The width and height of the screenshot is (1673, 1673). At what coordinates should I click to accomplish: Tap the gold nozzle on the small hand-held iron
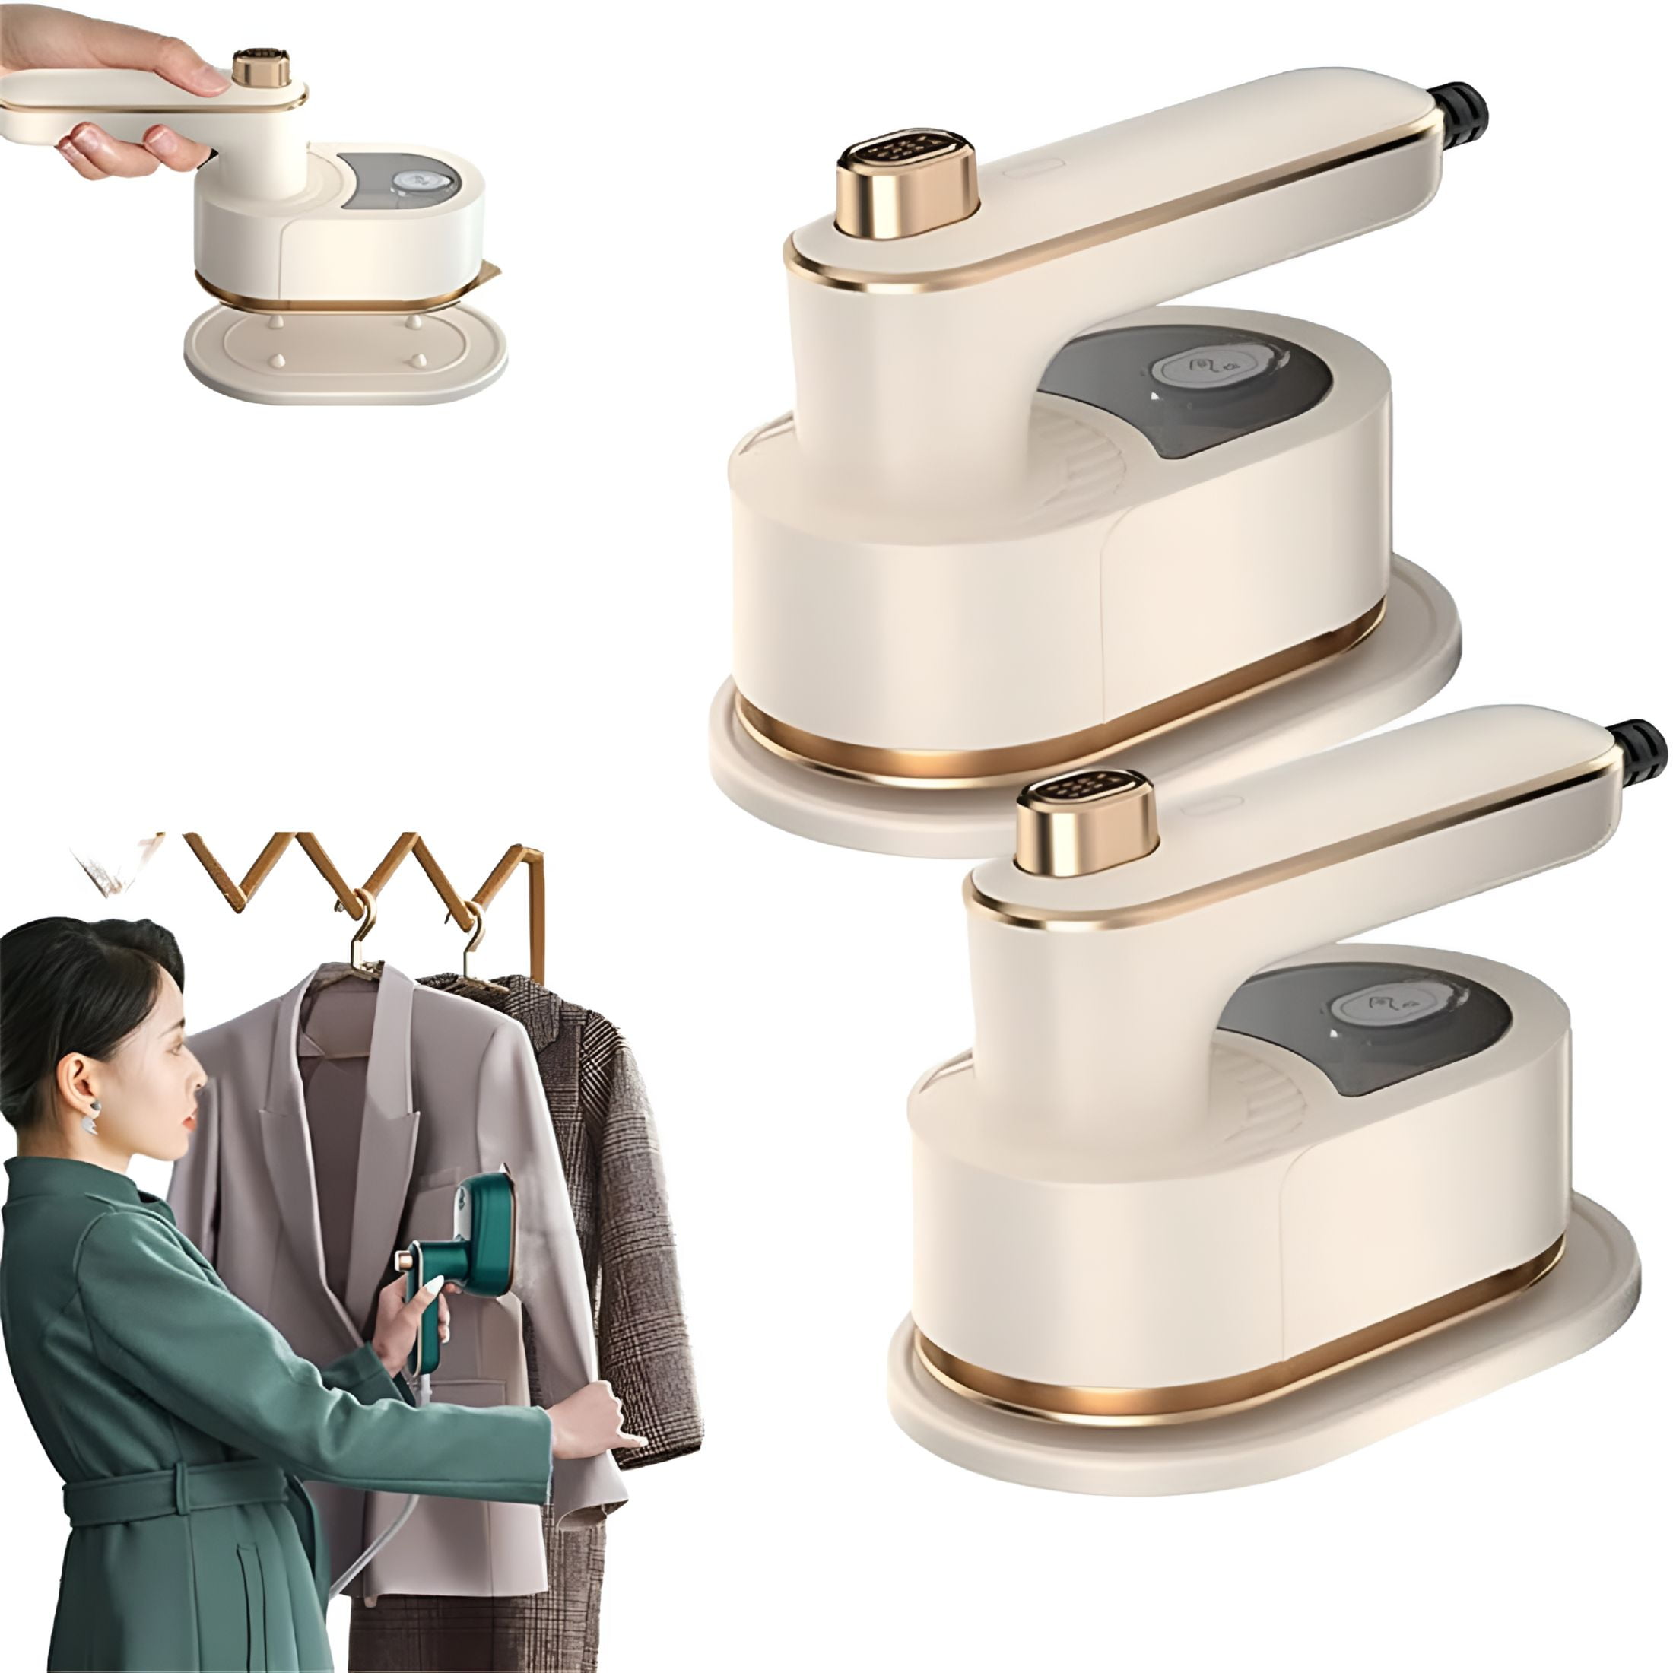click(x=261, y=68)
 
